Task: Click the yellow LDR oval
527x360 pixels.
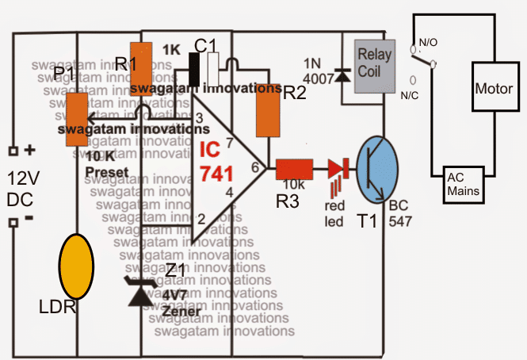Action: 77,266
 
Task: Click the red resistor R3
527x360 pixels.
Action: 294,169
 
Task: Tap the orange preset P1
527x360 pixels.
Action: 76,118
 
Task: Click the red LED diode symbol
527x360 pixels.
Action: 338,169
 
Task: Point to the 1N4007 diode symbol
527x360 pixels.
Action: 342,75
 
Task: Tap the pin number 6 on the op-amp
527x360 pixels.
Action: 255,168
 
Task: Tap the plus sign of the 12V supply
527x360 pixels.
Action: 31,150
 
